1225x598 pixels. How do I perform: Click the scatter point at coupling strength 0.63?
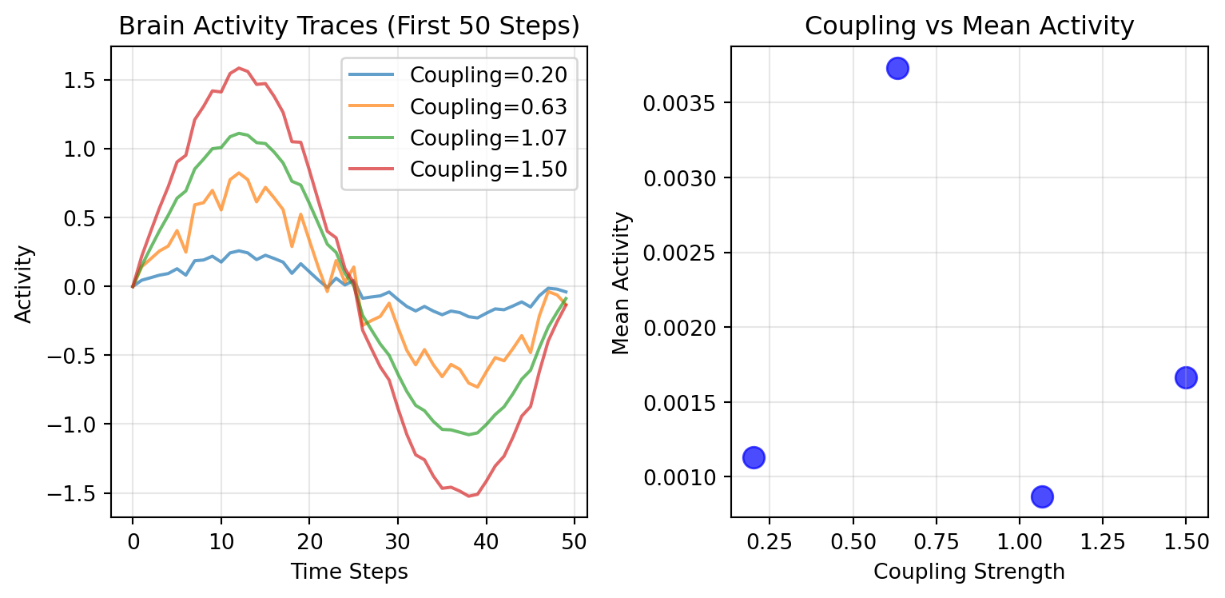(x=897, y=68)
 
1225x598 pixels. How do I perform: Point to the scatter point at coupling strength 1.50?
(x=1186, y=377)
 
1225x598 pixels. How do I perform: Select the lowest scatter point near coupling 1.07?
(x=1042, y=496)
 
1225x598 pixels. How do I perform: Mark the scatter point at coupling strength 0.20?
(x=754, y=457)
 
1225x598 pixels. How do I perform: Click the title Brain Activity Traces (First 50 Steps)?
(x=348, y=26)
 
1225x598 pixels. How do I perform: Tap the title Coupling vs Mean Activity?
(x=969, y=26)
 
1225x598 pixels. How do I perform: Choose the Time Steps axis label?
(x=349, y=572)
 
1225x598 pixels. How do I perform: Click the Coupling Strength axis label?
(x=969, y=572)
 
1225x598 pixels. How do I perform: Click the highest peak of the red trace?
(x=238, y=68)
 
